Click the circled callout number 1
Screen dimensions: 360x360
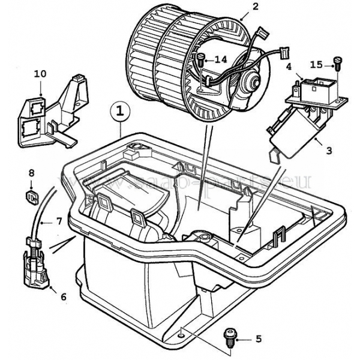click(x=121, y=112)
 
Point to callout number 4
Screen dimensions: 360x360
click(x=289, y=67)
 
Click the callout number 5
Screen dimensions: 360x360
click(x=258, y=340)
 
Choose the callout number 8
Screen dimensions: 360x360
click(x=32, y=173)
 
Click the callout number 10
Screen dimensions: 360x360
click(x=40, y=74)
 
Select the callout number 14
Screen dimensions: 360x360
click(x=221, y=59)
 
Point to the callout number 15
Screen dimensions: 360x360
click(x=316, y=63)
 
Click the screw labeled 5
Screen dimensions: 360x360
click(x=229, y=337)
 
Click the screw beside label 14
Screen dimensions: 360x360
click(x=200, y=60)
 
